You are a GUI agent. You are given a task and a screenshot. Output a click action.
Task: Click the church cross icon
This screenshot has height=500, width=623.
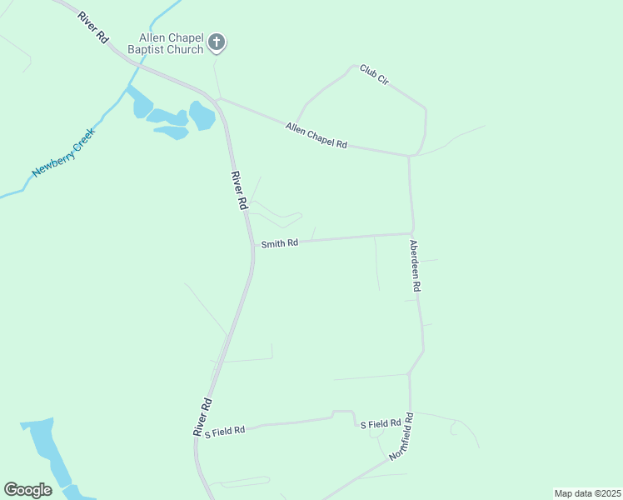point(217,41)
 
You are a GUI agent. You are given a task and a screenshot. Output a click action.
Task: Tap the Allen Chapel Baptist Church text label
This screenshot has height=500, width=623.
point(171,44)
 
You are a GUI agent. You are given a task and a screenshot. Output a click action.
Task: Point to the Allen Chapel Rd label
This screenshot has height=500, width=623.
point(316,136)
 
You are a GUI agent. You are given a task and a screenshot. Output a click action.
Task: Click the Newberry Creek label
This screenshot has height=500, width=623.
point(64,152)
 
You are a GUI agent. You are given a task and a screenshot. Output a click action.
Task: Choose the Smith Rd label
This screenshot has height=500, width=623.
point(279,244)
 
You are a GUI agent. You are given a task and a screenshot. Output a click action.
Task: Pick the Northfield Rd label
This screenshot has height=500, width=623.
point(401,437)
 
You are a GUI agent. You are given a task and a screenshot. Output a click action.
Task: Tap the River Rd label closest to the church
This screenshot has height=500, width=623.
point(93,28)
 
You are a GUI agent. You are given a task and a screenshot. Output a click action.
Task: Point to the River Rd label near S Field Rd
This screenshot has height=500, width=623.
point(202,417)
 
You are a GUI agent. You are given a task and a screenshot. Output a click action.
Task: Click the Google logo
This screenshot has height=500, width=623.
point(27,490)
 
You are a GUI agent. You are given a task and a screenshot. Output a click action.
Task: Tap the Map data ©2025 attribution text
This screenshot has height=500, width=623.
point(586,492)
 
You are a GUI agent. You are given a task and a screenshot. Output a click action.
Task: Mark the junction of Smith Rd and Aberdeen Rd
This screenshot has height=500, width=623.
point(411,233)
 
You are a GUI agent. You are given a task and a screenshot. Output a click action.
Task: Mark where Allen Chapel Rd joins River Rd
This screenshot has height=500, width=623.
point(218,99)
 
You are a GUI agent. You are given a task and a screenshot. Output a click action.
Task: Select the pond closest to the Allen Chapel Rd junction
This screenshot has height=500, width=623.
point(202,115)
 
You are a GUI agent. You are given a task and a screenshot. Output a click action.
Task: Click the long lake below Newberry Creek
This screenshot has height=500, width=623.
point(40,450)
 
